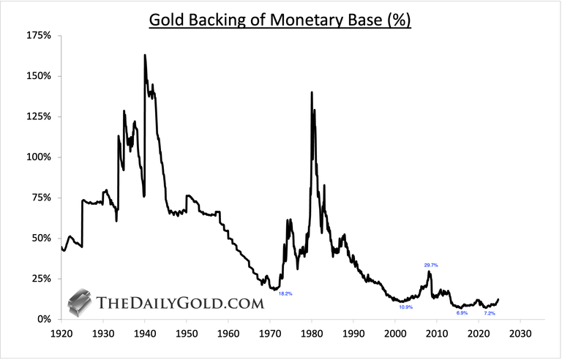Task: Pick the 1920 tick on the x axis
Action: (61, 334)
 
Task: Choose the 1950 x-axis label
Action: (187, 334)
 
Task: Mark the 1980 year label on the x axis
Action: (312, 334)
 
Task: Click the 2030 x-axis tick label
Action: (520, 334)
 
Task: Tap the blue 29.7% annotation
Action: (430, 265)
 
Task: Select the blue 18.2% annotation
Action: (285, 293)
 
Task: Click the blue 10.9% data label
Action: (405, 307)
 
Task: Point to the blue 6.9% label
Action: (462, 312)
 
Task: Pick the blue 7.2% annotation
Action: (490, 313)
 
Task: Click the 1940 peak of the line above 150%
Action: (145, 56)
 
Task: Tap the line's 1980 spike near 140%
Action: (312, 93)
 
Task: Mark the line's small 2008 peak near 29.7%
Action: (429, 272)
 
